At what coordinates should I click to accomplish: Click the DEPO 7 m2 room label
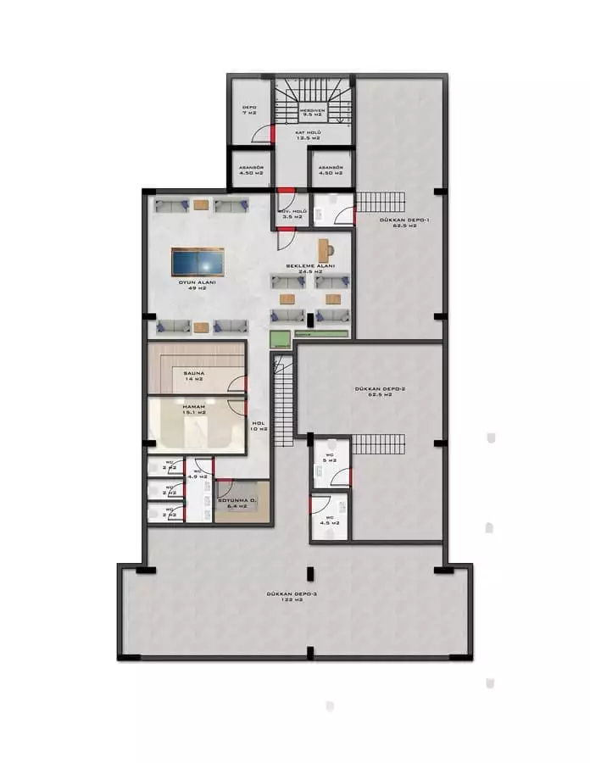(x=249, y=110)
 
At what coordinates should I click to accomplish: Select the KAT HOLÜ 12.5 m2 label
(x=307, y=134)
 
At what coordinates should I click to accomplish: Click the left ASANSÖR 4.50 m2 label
(x=249, y=170)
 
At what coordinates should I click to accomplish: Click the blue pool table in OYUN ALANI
(x=198, y=261)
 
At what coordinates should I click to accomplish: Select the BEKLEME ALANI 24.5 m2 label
(x=310, y=269)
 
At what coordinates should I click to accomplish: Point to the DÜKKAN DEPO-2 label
(x=373, y=392)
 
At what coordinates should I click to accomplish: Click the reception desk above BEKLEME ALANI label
(x=325, y=250)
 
